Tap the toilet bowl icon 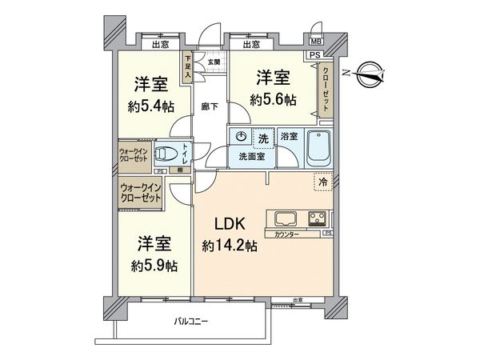[167, 153]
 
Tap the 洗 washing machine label [262, 138]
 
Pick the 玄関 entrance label [214, 62]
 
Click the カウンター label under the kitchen [286, 235]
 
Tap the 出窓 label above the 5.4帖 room [159, 45]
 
